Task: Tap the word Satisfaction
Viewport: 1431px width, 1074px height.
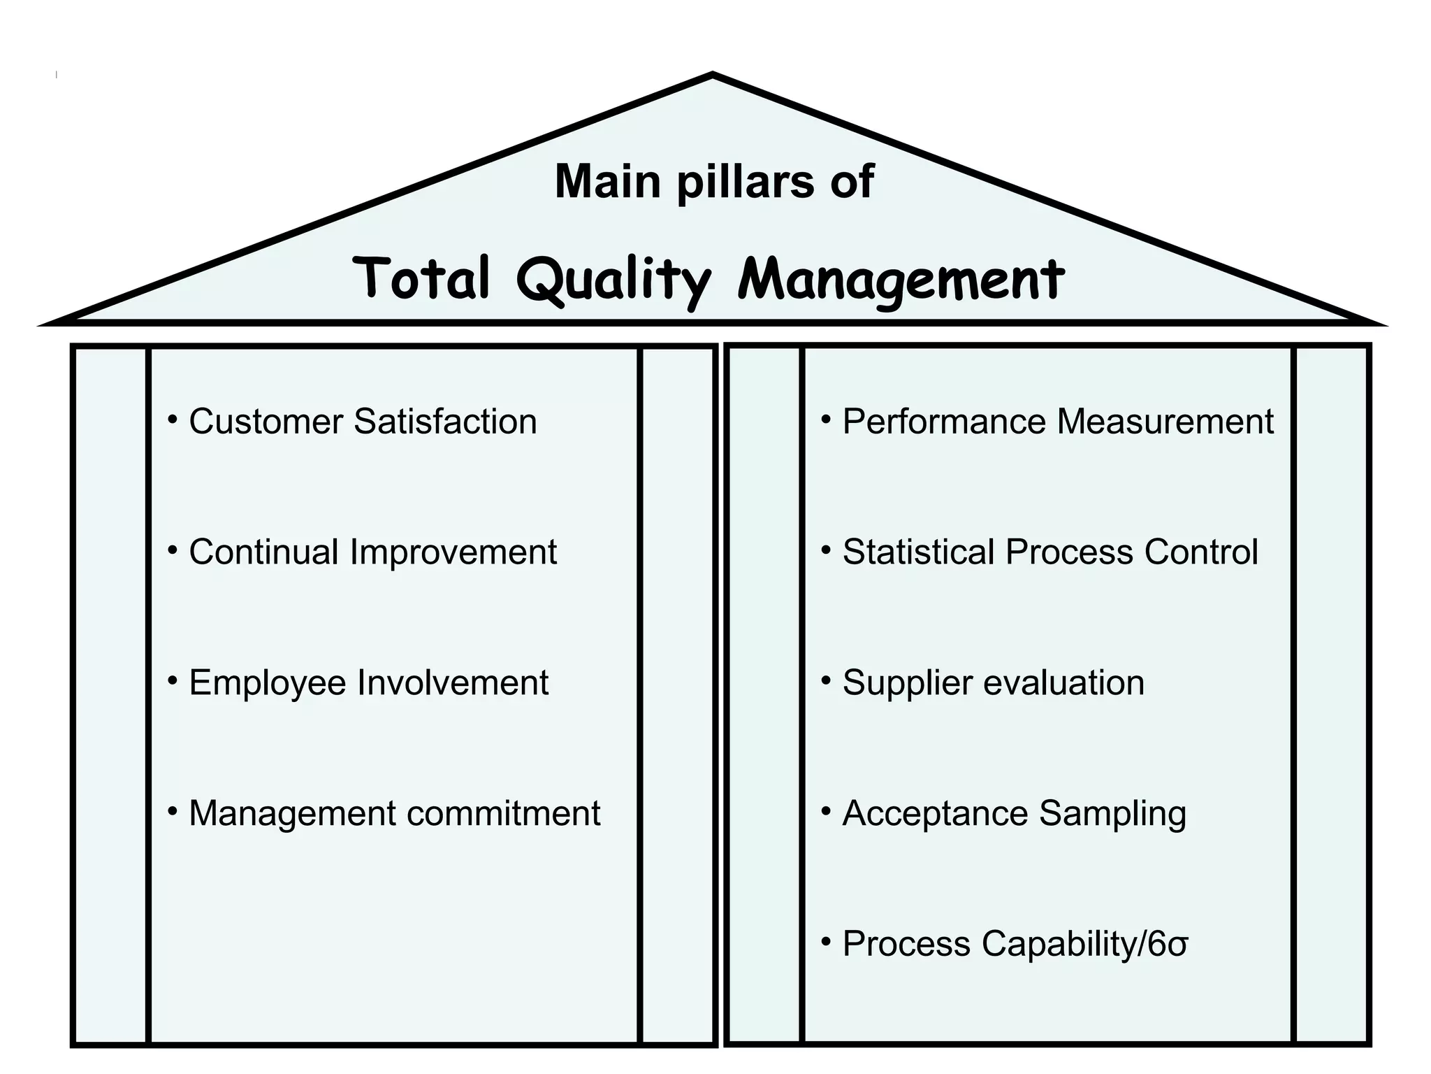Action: click(x=445, y=422)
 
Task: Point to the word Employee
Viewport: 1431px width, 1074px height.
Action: click(x=267, y=683)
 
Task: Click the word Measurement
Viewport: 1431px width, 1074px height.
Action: click(x=1165, y=422)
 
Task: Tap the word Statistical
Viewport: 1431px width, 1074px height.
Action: click(x=917, y=552)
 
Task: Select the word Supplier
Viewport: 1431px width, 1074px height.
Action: click(x=907, y=683)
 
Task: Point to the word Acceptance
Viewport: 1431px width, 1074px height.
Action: click(x=935, y=813)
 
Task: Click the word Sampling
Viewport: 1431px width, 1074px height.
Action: click(x=1112, y=815)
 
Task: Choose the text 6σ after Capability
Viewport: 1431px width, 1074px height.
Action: click(x=1167, y=944)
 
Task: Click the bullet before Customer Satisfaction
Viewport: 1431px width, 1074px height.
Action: click(x=173, y=420)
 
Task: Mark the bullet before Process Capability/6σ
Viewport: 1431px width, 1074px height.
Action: click(x=826, y=943)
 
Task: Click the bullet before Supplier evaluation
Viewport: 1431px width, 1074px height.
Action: click(x=826, y=680)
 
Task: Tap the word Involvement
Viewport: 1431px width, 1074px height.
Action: click(x=453, y=682)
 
